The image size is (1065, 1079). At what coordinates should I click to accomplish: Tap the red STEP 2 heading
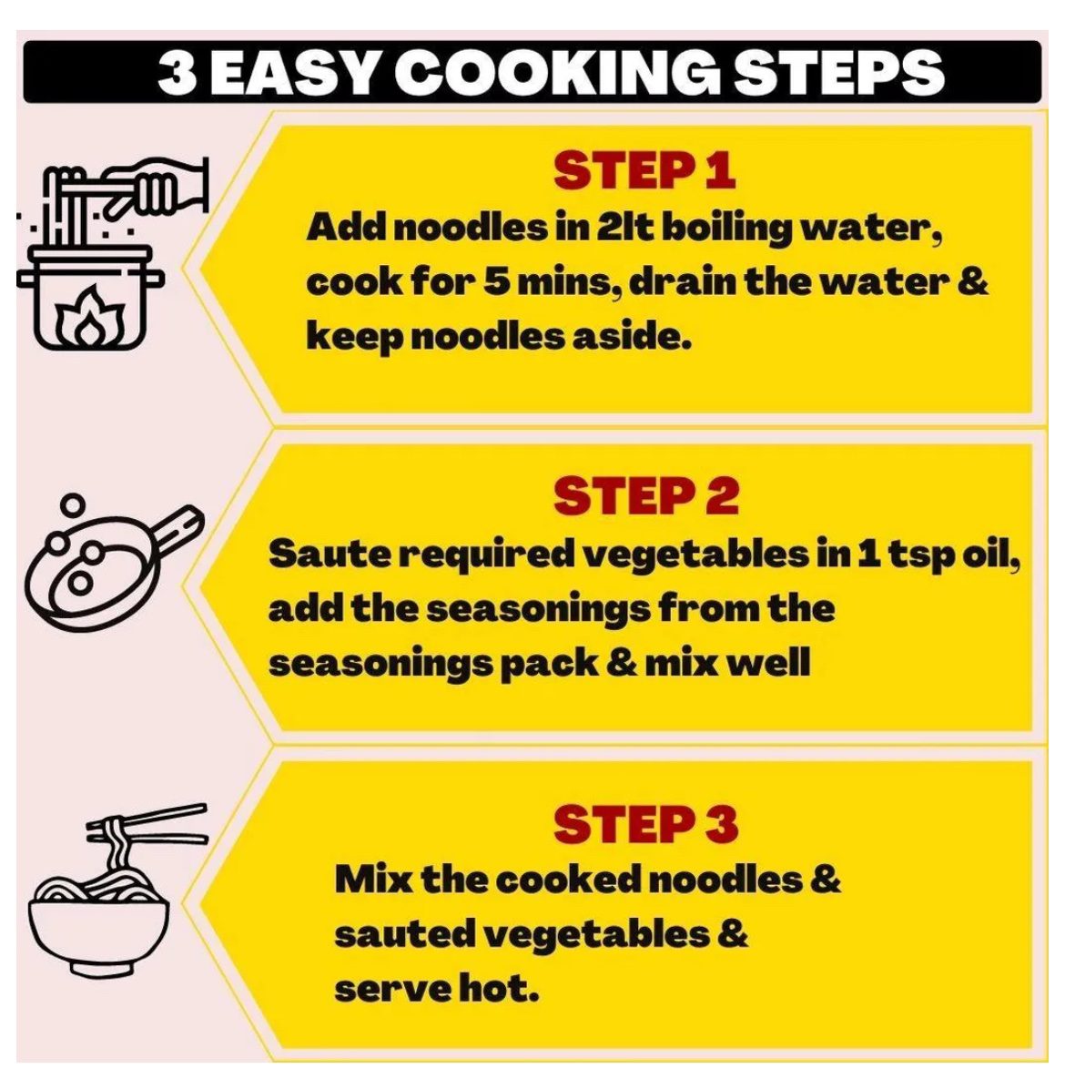(646, 496)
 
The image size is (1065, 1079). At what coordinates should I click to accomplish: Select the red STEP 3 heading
(646, 824)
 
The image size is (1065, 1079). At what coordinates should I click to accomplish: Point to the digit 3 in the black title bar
(177, 72)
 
